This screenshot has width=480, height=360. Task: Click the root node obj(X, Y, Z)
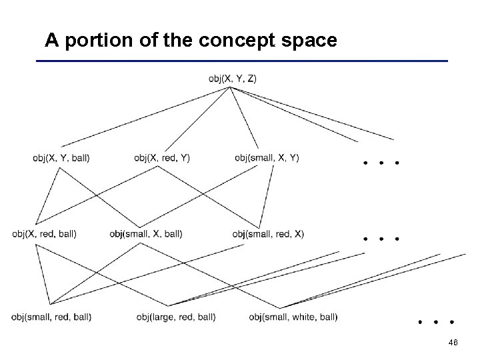pos(233,79)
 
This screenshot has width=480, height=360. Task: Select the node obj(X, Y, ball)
pos(61,158)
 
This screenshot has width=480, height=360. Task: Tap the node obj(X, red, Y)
pos(161,158)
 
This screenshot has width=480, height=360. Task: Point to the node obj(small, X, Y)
pos(267,158)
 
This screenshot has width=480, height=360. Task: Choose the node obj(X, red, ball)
pos(44,234)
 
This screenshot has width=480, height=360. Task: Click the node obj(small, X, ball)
pos(145,234)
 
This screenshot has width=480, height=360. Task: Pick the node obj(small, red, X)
pos(268,234)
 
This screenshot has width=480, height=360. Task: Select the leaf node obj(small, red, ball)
pos(51,317)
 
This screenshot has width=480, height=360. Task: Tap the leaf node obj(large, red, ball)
pos(175,317)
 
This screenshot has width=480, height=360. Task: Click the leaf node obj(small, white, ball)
pos(293,317)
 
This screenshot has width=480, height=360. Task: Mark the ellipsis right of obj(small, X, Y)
pos(380,163)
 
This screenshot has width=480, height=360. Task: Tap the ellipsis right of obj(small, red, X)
pos(380,238)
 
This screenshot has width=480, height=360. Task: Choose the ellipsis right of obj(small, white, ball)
pos(436,321)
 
